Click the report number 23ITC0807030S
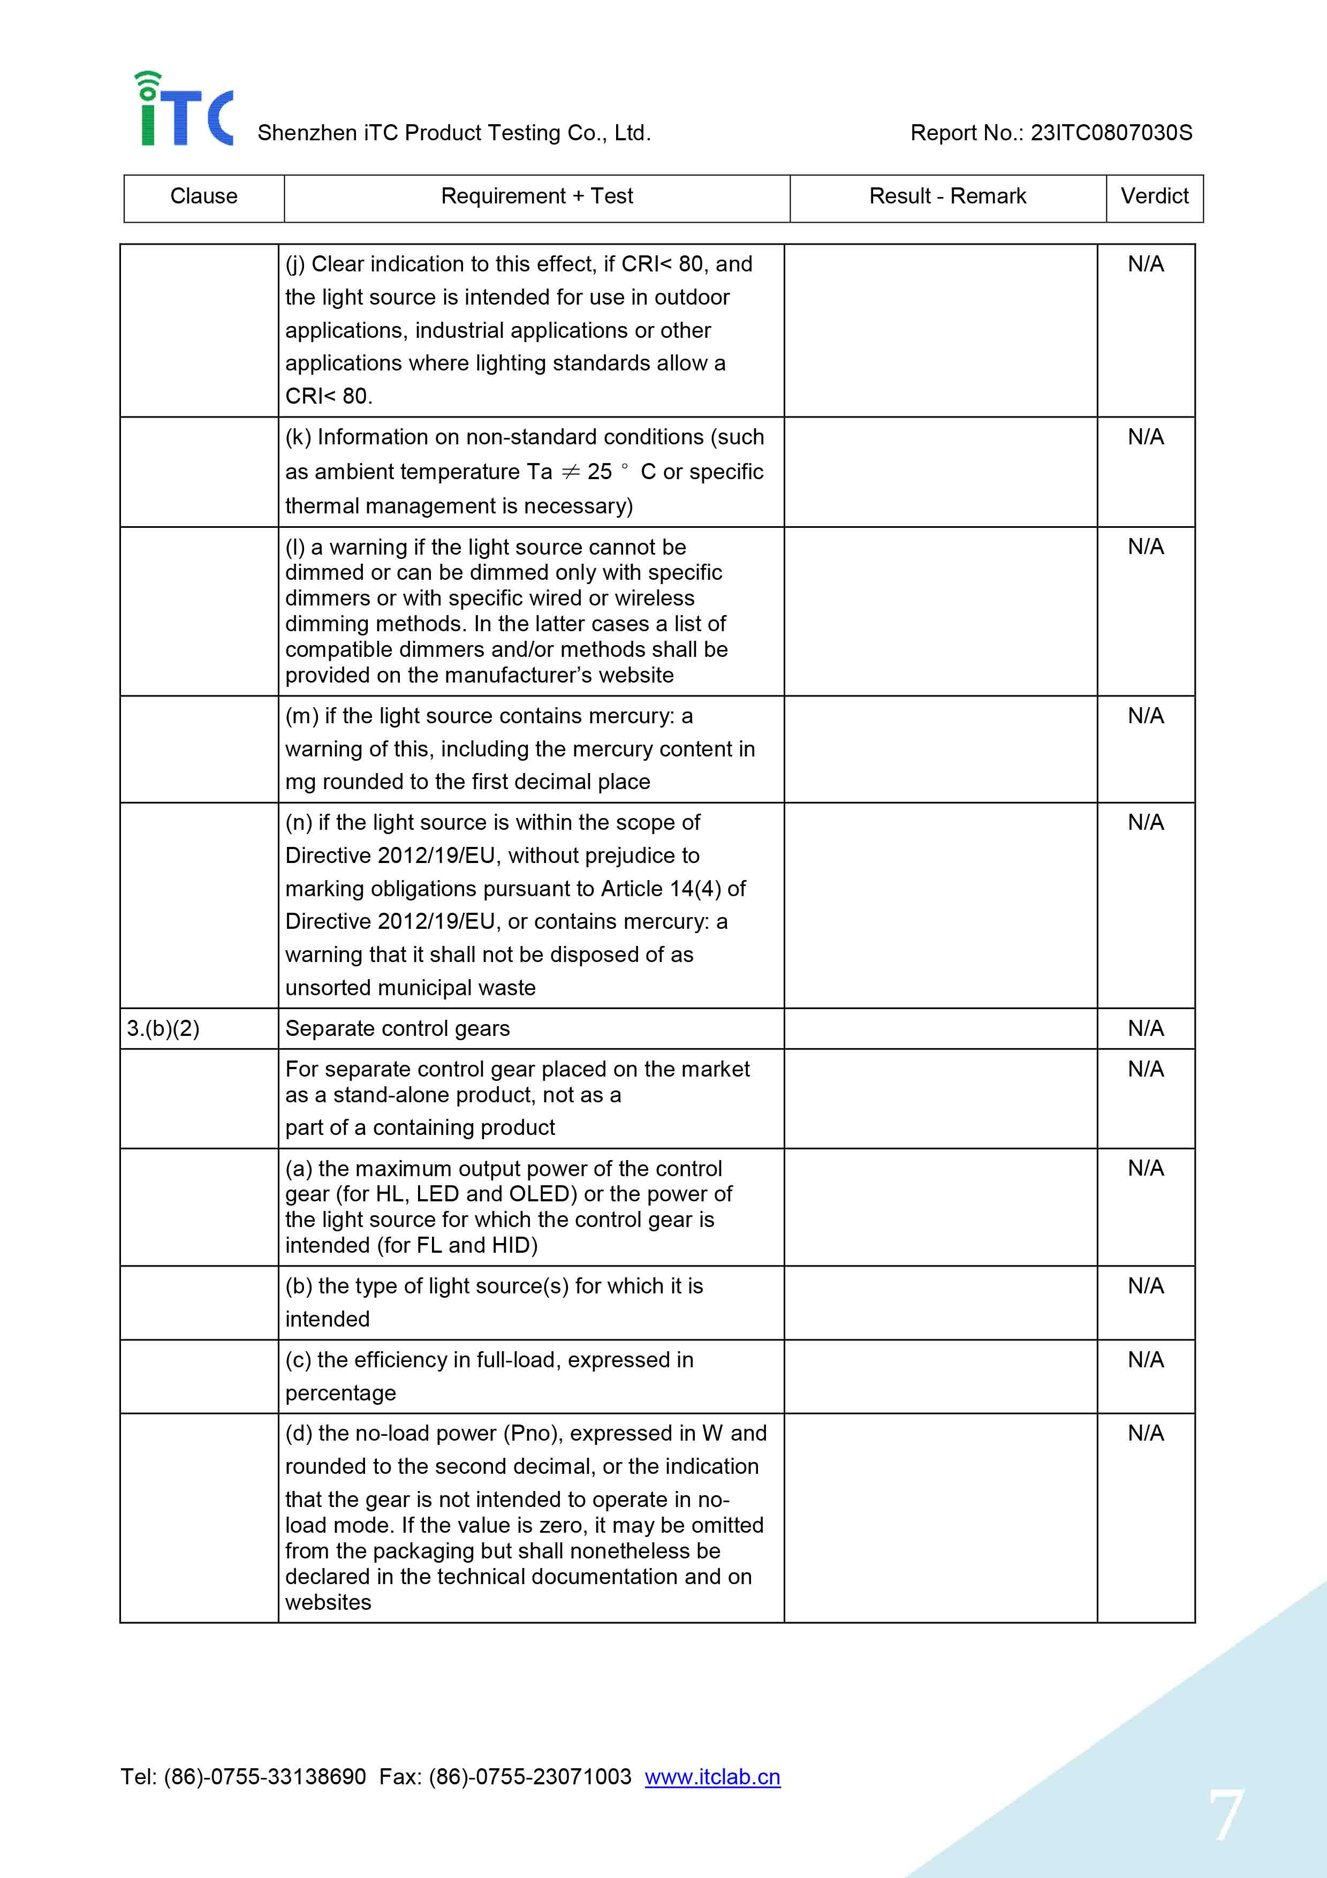tap(1110, 133)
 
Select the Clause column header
tap(203, 196)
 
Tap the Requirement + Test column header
tap(536, 196)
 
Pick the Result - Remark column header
tap(947, 196)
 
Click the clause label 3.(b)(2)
tap(163, 1028)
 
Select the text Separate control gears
tap(397, 1028)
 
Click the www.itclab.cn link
tap(712, 1777)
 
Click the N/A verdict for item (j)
tap(1146, 264)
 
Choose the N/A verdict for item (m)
tap(1146, 716)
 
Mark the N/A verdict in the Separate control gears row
tap(1146, 1028)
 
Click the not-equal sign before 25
tap(570, 472)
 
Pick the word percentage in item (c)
tap(340, 1393)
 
